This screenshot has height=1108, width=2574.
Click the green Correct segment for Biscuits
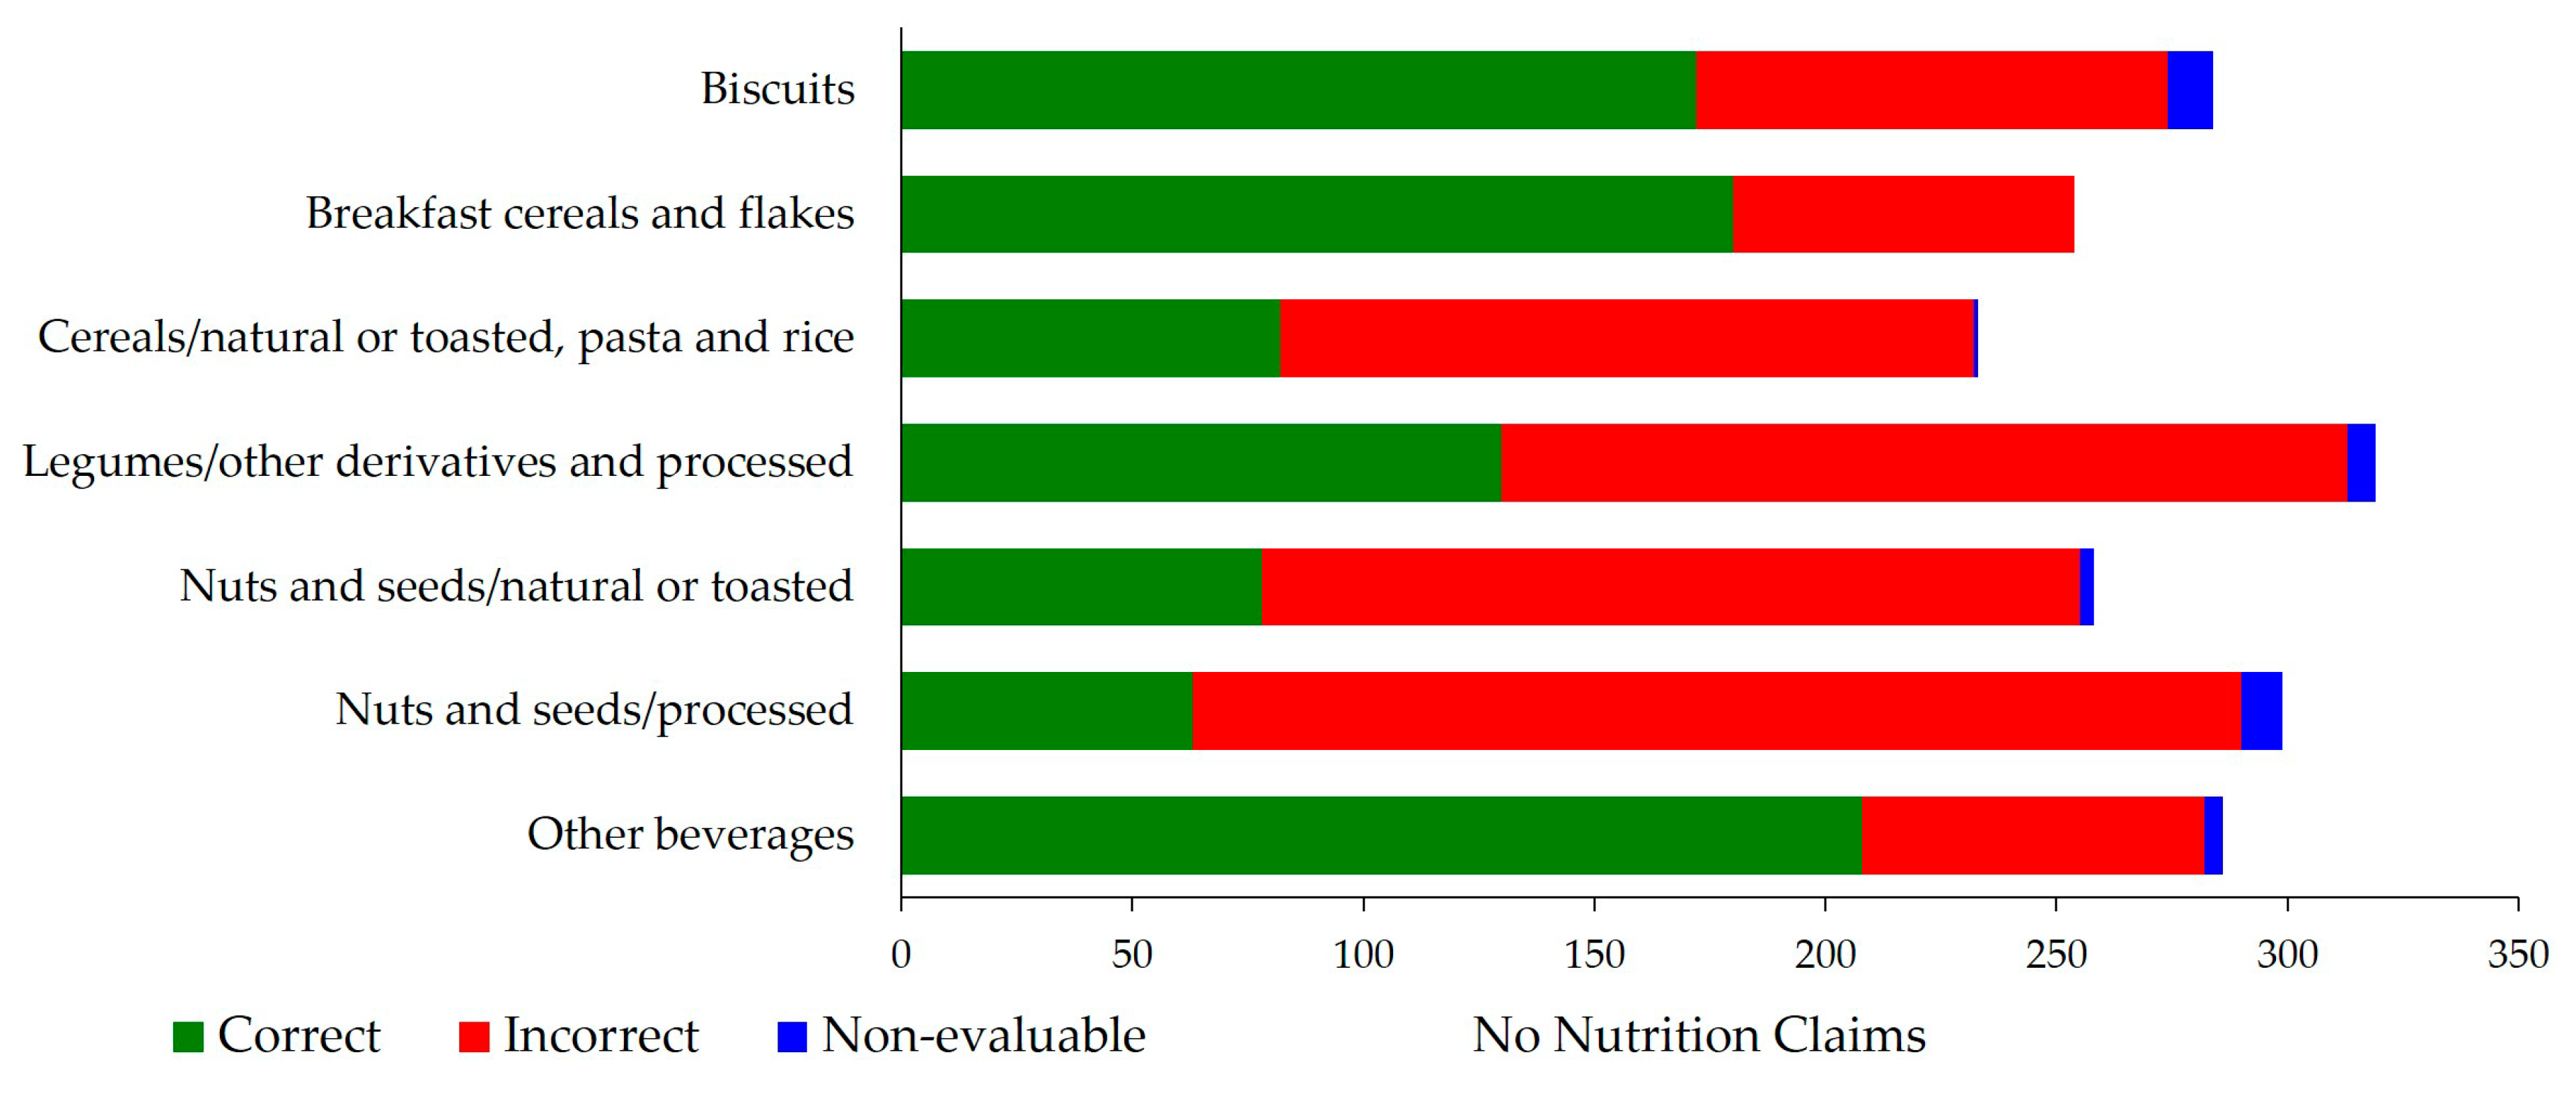pyautogui.click(x=1299, y=90)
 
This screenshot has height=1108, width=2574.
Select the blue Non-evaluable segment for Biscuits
pyautogui.click(x=2189, y=90)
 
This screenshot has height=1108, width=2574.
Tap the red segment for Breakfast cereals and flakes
pyautogui.click(x=1903, y=214)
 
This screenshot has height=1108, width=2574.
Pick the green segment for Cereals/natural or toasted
pyautogui.click(x=1090, y=338)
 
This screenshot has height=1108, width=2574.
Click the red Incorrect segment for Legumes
pyautogui.click(x=1924, y=463)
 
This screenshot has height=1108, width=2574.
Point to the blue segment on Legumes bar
pyautogui.click(x=2360, y=463)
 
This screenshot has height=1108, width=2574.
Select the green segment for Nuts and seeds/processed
pyautogui.click(x=1046, y=710)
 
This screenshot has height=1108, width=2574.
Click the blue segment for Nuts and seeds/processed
pyautogui.click(x=2261, y=710)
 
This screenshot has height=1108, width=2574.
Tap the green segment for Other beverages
pyautogui.click(x=1381, y=835)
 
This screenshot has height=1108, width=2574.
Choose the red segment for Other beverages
pyautogui.click(x=2032, y=835)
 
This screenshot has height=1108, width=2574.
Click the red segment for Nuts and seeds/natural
pyautogui.click(x=1671, y=587)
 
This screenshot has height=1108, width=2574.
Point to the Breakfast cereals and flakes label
pyautogui.click(x=579, y=214)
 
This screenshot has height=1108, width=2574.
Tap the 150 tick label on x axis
pyautogui.click(x=1594, y=955)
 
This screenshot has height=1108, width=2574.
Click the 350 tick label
pyautogui.click(x=2517, y=955)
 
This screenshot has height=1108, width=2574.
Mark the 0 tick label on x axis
pyautogui.click(x=901, y=955)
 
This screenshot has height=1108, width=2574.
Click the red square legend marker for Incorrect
pyautogui.click(x=474, y=1037)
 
